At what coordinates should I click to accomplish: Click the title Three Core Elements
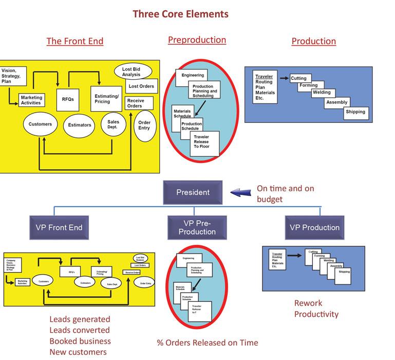point(180,14)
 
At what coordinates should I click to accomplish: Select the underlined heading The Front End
point(74,41)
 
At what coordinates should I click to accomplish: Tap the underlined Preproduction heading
point(197,40)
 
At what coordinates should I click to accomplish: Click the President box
point(193,192)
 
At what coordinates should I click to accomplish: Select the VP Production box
point(314,227)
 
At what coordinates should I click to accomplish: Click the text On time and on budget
point(285,194)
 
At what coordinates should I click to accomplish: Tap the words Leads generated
point(79,319)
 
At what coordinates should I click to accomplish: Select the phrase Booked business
point(80,341)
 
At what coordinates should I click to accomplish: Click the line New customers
point(78,352)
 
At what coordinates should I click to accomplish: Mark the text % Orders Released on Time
point(208,343)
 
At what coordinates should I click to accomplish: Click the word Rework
point(308,303)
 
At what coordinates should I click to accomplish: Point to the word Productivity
point(316,314)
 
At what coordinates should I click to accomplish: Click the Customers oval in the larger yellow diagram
point(40,124)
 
